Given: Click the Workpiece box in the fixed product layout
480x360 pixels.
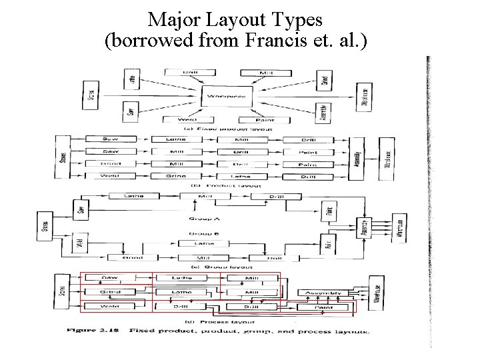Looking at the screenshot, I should pos(227,96).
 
